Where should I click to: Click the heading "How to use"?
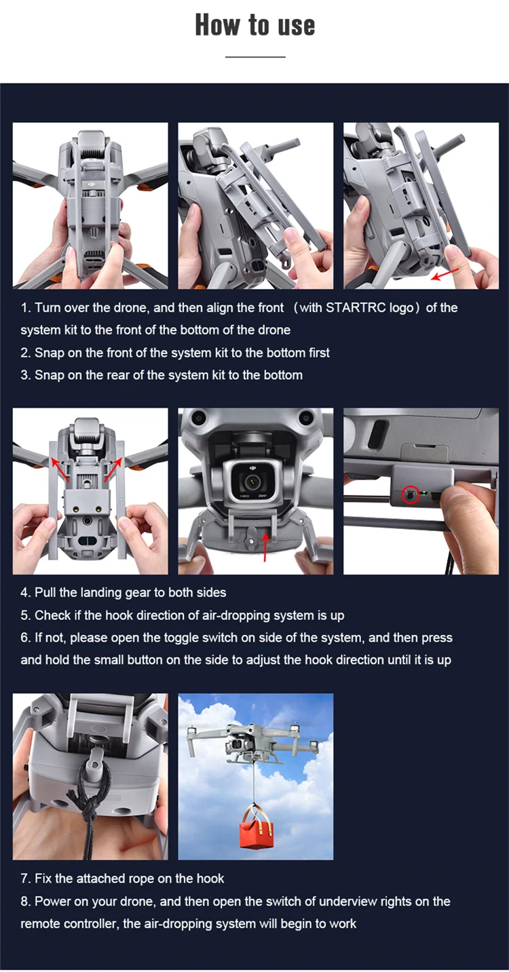coord(255,24)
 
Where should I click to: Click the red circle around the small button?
coord(410,494)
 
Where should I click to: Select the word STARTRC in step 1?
coord(355,308)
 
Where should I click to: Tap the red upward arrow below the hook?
coord(265,546)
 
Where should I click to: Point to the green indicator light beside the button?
coord(424,493)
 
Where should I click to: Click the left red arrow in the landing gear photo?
coord(60,469)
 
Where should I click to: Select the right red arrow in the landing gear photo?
coord(113,469)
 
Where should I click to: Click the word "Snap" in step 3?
coord(49,375)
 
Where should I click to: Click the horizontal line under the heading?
coord(255,57)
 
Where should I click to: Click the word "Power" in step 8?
coord(53,901)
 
